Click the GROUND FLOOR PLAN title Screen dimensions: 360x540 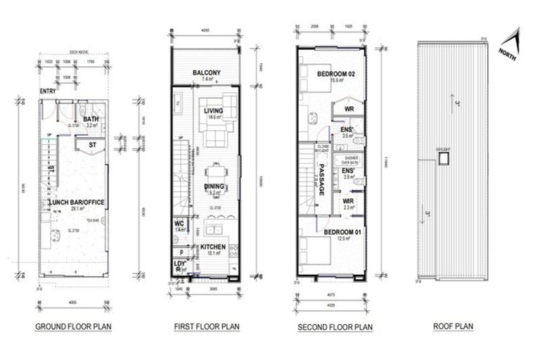tap(74, 326)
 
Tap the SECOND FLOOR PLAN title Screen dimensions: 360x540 tap(335, 326)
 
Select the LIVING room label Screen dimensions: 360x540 tap(213, 110)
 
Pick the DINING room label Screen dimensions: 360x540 tap(214, 186)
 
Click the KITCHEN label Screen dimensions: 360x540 tap(213, 247)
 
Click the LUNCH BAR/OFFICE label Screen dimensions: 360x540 tap(77, 202)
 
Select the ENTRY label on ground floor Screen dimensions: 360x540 tap(48, 89)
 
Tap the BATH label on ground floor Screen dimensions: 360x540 tap(91, 120)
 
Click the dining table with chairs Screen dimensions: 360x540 tap(214, 172)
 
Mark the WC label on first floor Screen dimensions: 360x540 tap(179, 224)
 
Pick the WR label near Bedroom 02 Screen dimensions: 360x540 tap(349, 109)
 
